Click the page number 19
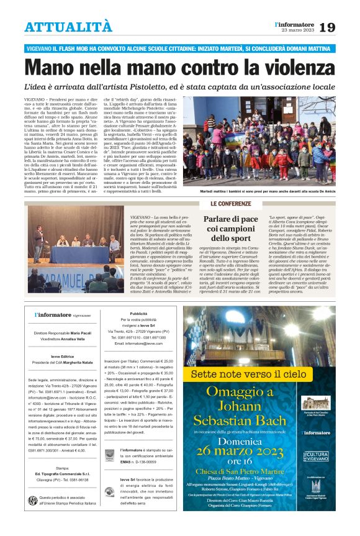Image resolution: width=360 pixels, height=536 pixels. pyautogui.click(x=345, y=27)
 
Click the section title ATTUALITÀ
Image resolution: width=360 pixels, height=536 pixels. pyautogui.click(x=68, y=27)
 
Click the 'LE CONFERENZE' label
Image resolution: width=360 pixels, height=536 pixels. pyautogui.click(x=231, y=204)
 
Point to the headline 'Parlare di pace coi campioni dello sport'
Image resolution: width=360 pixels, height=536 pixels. pyautogui.click(x=231, y=229)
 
